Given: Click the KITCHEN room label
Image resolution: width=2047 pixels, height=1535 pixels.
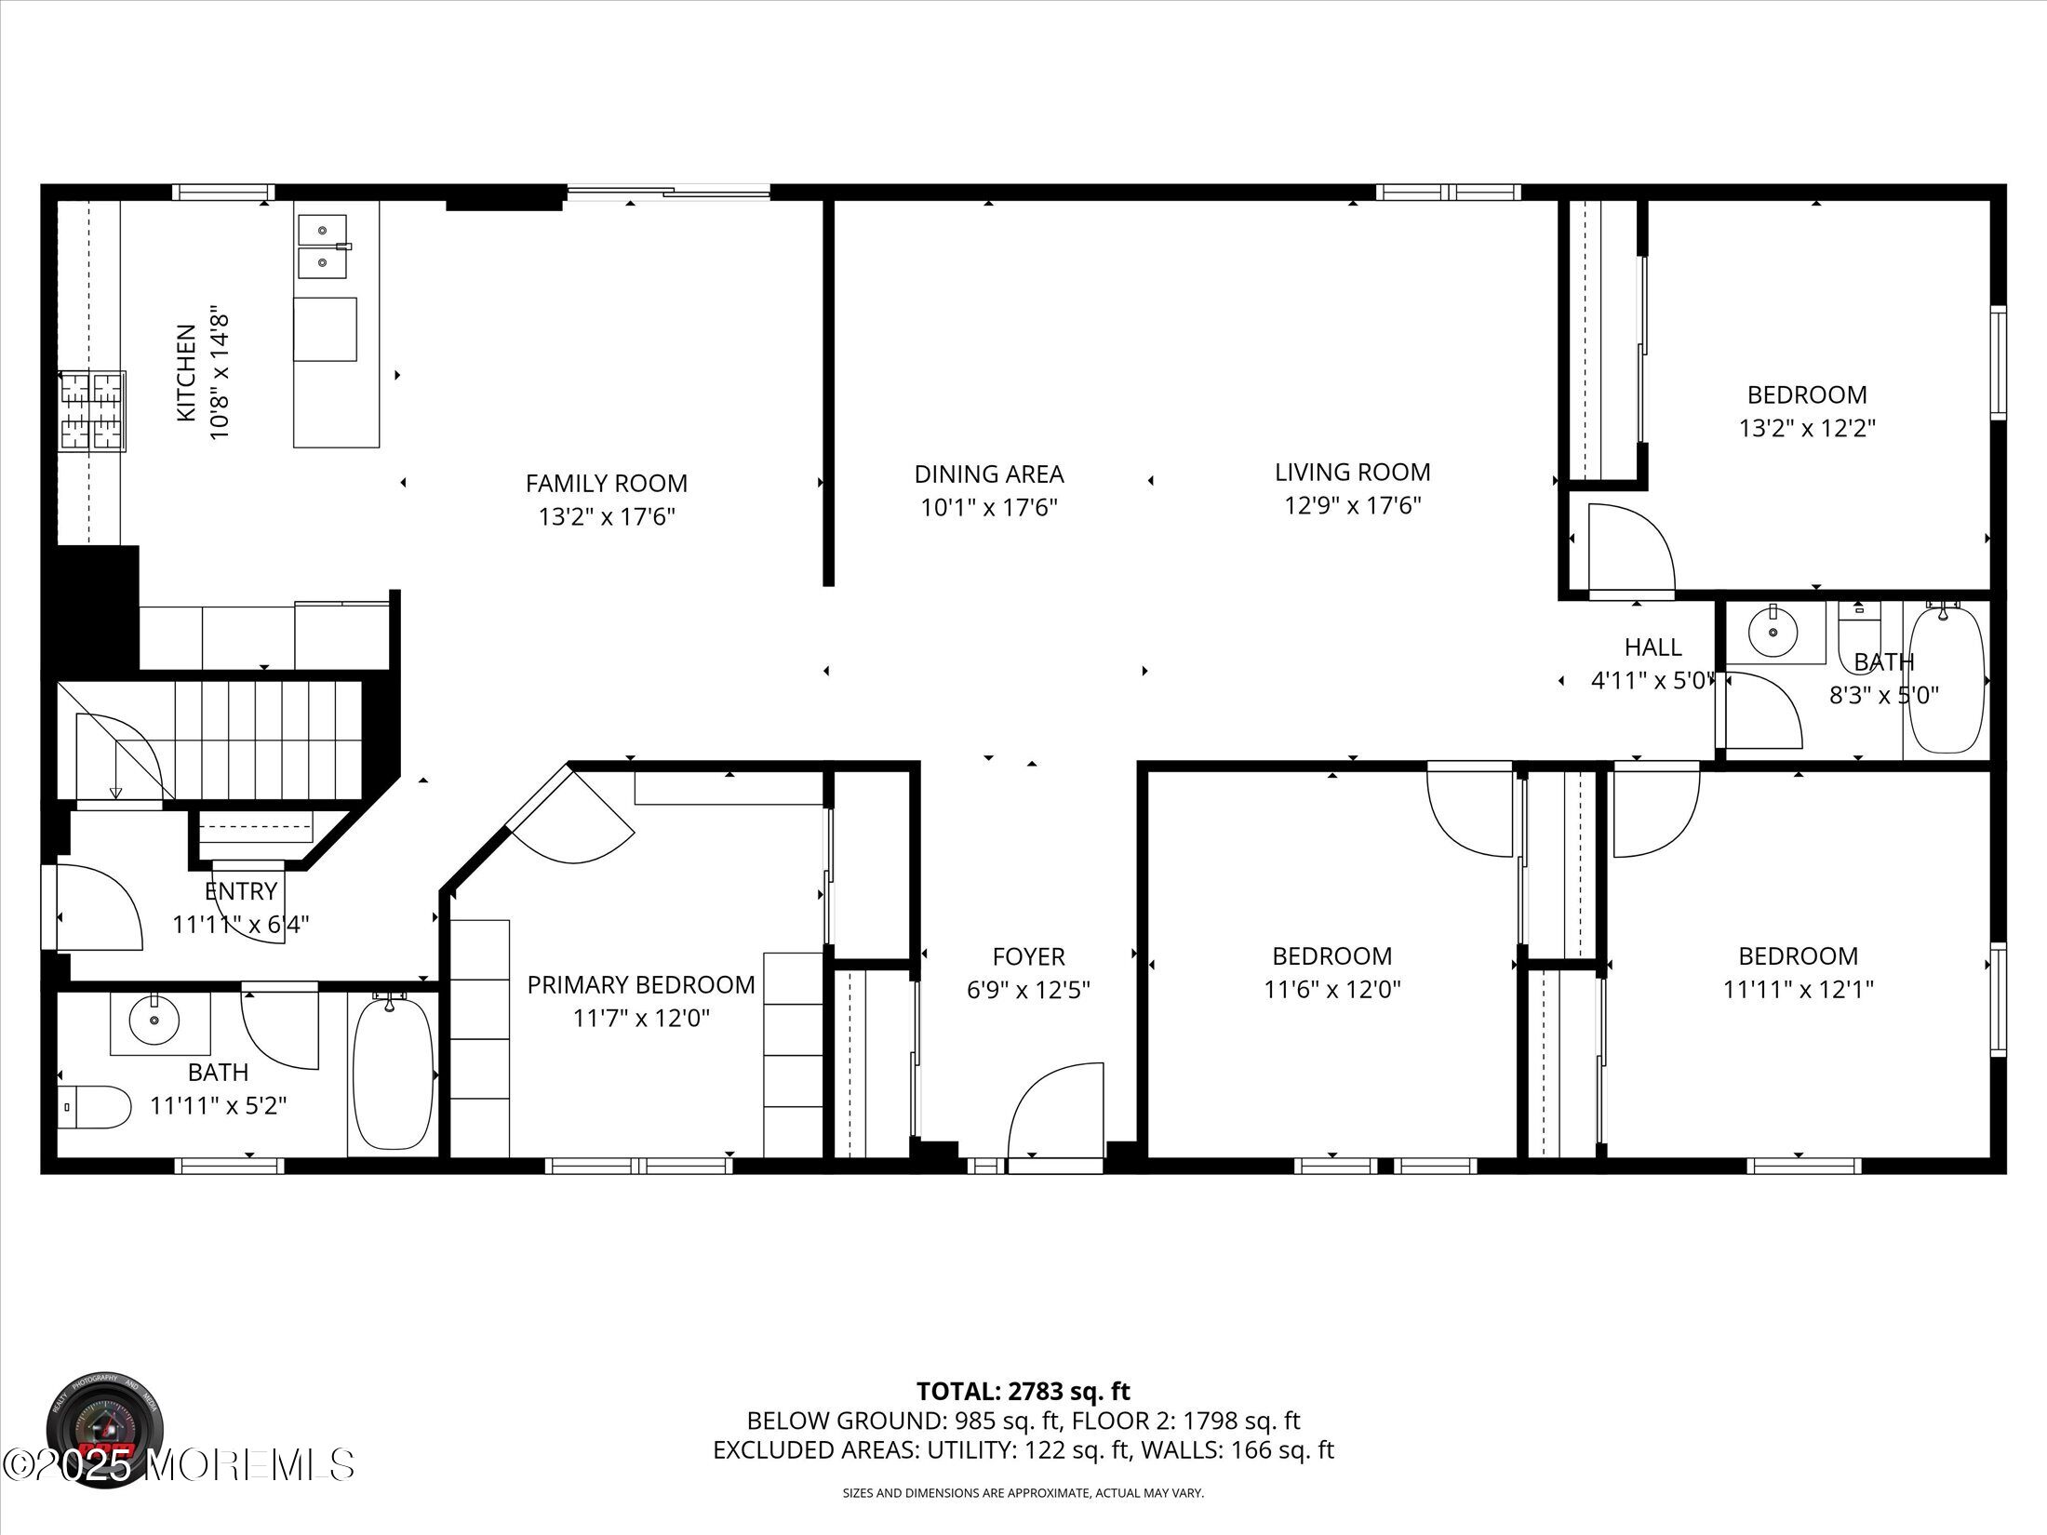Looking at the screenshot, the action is pyautogui.click(x=186, y=372).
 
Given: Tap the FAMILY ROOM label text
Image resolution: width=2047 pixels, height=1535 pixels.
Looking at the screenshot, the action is pyautogui.click(x=607, y=484).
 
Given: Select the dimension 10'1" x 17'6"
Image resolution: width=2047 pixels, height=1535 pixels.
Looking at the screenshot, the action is pyautogui.click(x=989, y=508).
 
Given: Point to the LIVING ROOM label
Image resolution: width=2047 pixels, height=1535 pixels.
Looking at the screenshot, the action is pyautogui.click(x=1353, y=472).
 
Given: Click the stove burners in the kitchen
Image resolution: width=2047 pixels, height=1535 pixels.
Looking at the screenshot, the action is pyautogui.click(x=92, y=411).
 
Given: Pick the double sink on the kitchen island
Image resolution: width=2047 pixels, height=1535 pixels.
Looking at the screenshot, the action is pyautogui.click(x=324, y=247).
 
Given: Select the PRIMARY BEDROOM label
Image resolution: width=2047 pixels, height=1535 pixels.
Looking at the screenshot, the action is pyautogui.click(x=641, y=984).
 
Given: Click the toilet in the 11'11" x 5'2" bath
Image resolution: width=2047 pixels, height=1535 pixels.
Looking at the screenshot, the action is pyautogui.click(x=94, y=1107).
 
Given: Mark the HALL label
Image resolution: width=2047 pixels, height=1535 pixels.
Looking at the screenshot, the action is pyautogui.click(x=1653, y=647).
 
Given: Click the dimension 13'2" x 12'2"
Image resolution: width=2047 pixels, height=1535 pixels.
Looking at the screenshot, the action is pyautogui.click(x=1807, y=429).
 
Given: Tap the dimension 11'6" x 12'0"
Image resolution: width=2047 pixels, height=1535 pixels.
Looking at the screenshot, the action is pyautogui.click(x=1332, y=990).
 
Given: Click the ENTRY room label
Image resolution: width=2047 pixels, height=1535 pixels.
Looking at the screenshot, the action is pyautogui.click(x=241, y=891).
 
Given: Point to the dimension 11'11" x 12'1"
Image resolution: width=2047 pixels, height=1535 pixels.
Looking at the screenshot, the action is pyautogui.click(x=1799, y=990).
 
